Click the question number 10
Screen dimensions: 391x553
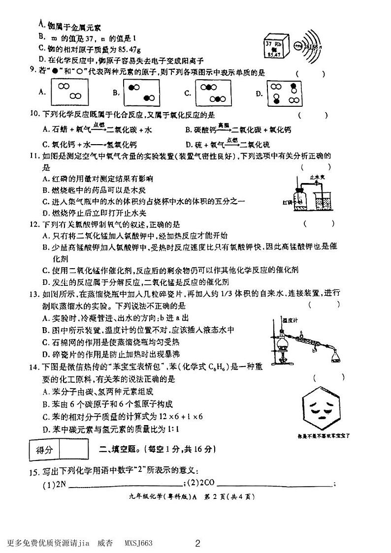point(34,115)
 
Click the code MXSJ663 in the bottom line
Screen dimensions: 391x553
point(138,543)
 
